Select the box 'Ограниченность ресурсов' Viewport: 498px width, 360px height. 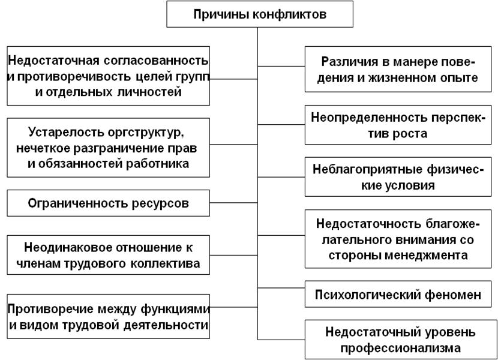109,203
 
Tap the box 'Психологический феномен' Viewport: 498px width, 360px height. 398,295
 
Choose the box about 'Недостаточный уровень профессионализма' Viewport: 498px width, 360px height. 401,340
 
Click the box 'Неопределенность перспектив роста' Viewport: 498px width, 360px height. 398,124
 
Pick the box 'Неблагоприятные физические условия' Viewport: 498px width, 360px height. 398,176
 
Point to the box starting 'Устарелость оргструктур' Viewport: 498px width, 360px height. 109,148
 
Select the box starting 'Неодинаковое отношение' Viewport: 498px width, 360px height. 109,255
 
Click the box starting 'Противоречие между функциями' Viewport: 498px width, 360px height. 109,316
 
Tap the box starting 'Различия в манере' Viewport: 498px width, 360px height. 398,70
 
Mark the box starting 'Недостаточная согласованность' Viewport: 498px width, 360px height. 109,76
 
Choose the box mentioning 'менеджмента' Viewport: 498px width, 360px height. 398,239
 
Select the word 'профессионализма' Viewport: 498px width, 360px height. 401,347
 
